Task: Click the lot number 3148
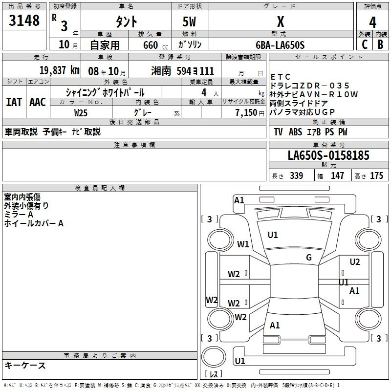point(24,21)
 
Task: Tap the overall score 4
point(372,22)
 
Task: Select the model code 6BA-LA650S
point(280,45)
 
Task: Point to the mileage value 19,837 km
point(59,70)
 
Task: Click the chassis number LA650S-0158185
point(328,155)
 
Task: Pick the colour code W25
point(81,113)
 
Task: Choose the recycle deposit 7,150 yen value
point(250,113)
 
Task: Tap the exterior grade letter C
point(365,44)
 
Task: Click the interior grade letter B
point(380,44)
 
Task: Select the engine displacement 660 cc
point(155,45)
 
